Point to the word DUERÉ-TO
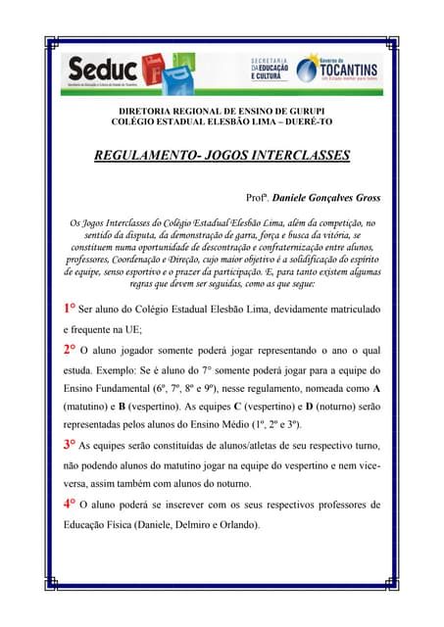click(x=305, y=124)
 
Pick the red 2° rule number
click(x=70, y=349)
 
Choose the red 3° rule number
click(x=70, y=444)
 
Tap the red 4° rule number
click(x=70, y=504)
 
